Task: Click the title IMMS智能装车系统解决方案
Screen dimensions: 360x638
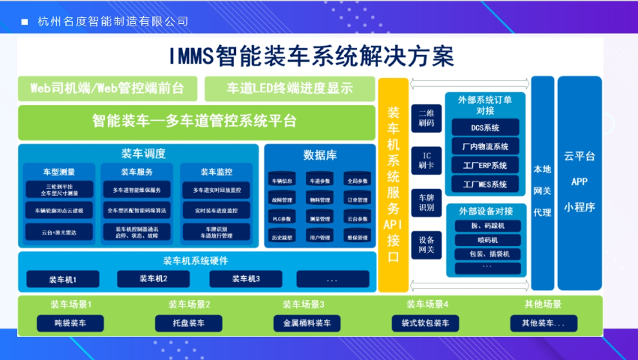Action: (311, 56)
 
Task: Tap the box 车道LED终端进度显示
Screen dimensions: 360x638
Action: (289, 88)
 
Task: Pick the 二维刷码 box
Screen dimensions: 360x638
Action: (426, 118)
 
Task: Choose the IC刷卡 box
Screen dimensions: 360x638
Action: (426, 160)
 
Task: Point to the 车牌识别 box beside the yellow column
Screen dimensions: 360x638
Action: (426, 202)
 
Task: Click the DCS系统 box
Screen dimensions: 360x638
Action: (485, 127)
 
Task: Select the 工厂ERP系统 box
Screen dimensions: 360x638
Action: (485, 165)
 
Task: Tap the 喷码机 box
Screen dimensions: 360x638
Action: (485, 240)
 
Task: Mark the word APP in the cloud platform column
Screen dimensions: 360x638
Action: (580, 181)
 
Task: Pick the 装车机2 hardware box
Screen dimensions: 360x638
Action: (153, 279)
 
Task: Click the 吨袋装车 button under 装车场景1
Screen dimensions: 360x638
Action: (68, 323)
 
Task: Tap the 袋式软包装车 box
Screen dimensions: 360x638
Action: (424, 323)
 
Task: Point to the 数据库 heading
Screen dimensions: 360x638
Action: (319, 155)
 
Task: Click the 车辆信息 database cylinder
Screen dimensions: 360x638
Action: (281, 181)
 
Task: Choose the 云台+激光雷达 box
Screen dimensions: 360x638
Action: (58, 233)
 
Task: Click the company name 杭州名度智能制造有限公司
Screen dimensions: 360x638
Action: (113, 21)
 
